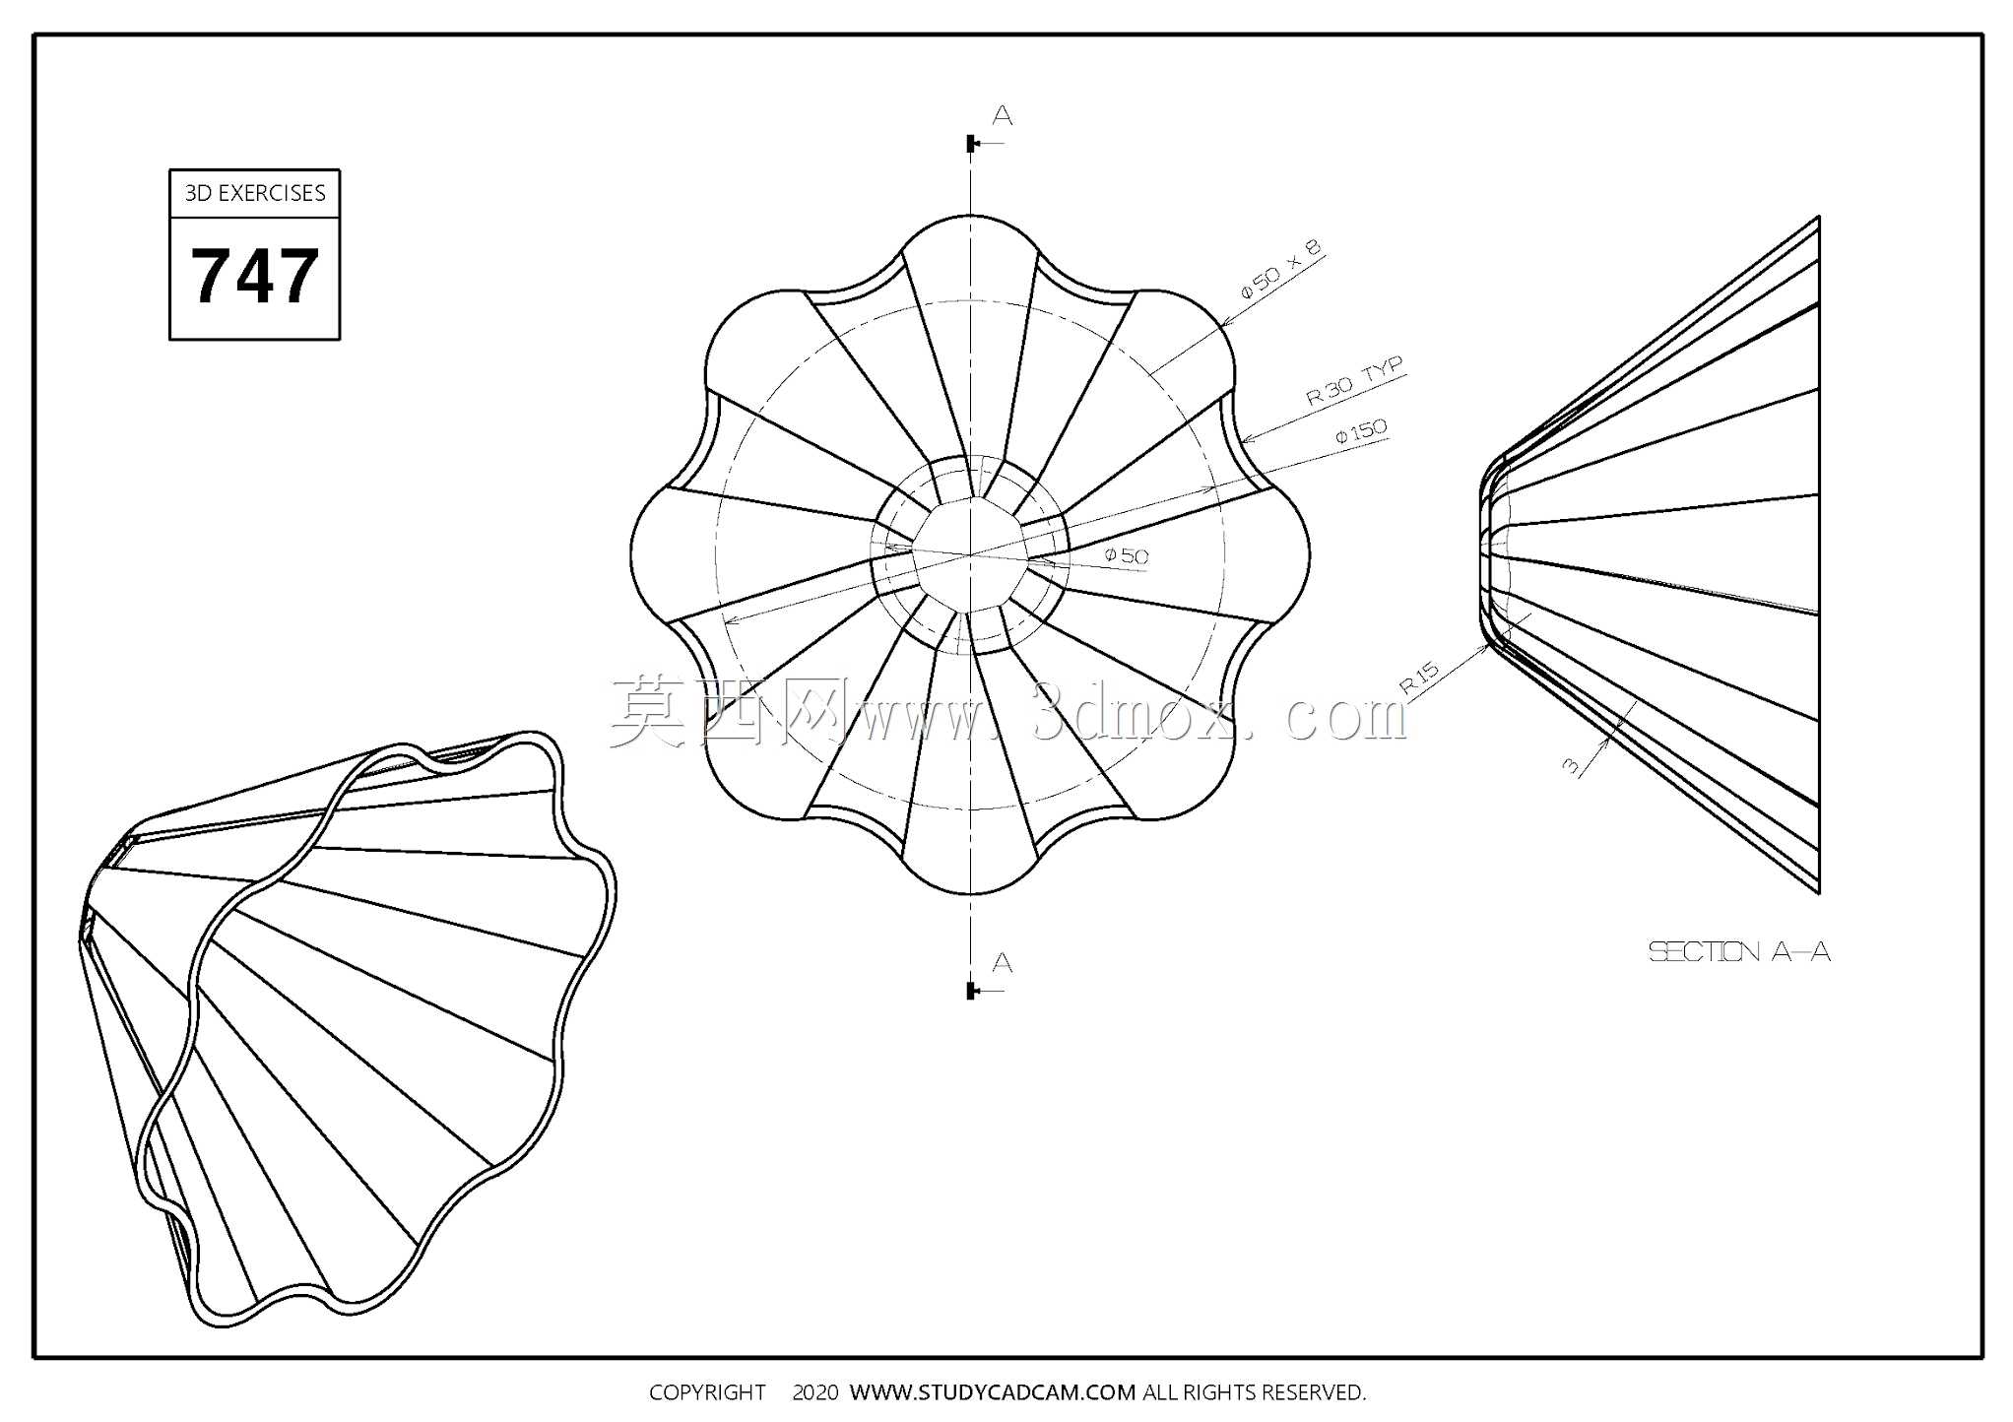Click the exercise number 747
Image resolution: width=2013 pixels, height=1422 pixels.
point(254,277)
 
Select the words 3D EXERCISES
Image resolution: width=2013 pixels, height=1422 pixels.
point(255,193)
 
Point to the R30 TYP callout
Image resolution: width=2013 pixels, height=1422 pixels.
point(1354,382)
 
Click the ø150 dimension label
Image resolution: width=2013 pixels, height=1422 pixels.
point(1361,432)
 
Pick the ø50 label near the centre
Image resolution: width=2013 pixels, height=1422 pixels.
point(1127,556)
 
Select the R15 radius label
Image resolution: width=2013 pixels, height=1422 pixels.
point(1419,679)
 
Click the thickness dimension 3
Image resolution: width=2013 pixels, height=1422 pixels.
point(1571,765)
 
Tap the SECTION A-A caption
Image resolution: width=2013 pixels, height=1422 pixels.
point(1739,951)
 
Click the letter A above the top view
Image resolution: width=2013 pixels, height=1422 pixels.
point(1003,116)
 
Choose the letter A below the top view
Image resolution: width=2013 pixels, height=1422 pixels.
point(1003,962)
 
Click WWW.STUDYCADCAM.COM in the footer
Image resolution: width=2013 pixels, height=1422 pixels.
point(993,1392)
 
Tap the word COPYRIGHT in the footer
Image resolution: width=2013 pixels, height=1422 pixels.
point(707,1392)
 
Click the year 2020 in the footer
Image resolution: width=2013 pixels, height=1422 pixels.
point(815,1392)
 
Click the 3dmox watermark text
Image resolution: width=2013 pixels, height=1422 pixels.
point(1008,711)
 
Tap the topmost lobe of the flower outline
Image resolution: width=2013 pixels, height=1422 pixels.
point(971,216)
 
